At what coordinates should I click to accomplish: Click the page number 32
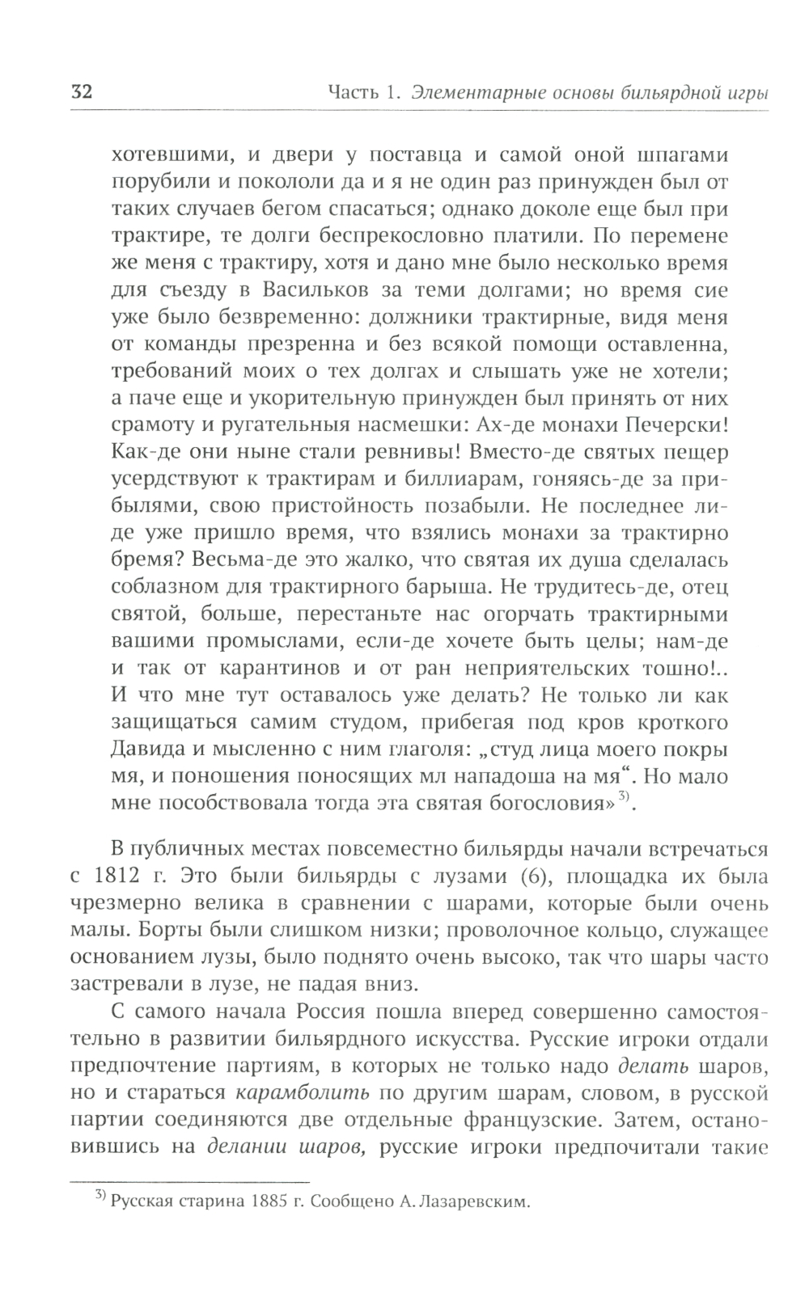(x=82, y=91)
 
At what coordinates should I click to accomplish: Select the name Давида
(x=143, y=749)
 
